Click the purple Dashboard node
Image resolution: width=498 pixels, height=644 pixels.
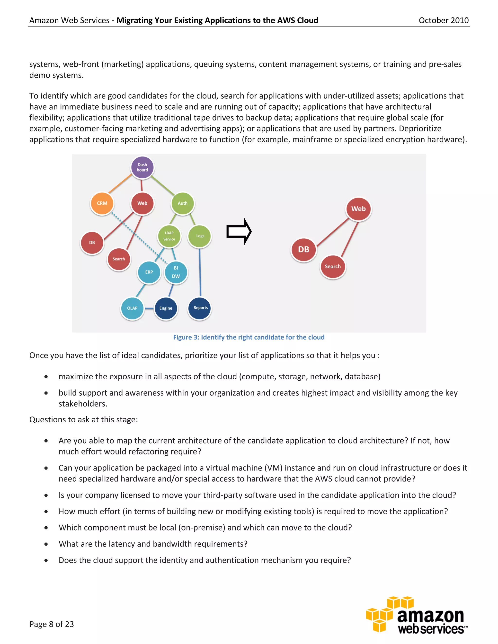(142, 167)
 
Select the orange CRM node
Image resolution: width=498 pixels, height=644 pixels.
(102, 203)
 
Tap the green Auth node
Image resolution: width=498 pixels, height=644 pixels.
(182, 203)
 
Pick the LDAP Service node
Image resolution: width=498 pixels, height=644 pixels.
(169, 236)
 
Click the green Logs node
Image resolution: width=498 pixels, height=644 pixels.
(200, 236)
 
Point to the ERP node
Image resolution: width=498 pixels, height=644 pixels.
(149, 272)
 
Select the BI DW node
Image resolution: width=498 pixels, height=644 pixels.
(176, 272)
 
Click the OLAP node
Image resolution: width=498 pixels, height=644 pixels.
(132, 308)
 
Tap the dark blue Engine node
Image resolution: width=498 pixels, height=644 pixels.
(166, 308)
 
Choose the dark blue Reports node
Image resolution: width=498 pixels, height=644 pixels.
(200, 308)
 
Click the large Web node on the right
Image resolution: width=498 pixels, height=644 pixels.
(358, 209)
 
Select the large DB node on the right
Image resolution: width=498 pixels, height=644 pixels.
(303, 250)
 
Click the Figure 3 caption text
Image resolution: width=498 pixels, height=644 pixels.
(249, 337)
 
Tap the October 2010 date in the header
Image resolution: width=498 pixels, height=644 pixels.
(444, 20)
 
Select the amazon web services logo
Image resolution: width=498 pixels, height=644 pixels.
(417, 616)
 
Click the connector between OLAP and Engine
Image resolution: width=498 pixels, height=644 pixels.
(149, 308)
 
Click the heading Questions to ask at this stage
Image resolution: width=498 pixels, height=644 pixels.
(83, 420)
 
